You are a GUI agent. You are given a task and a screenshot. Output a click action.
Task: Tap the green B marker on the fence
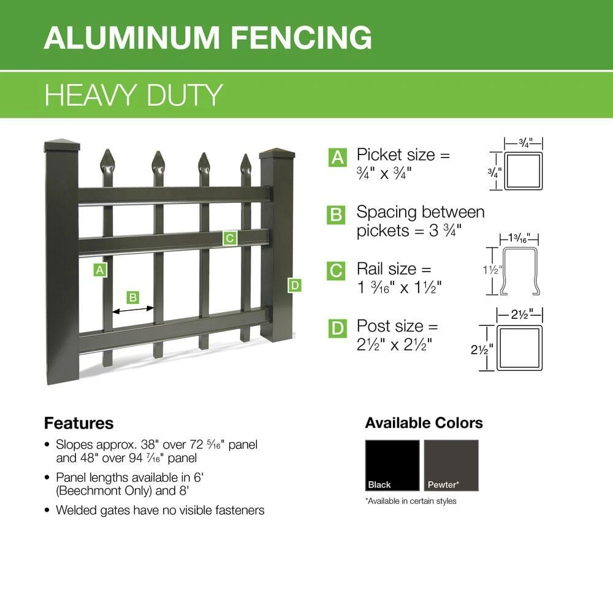tap(132, 297)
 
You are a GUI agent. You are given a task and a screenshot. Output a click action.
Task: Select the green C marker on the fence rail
tap(230, 238)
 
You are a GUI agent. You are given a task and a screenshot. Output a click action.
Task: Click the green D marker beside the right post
tap(294, 284)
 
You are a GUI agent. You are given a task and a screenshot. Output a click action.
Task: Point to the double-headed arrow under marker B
tap(133, 311)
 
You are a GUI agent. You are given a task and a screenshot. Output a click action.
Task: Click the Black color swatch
tap(392, 465)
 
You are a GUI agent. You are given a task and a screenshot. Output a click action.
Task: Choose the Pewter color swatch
tap(451, 465)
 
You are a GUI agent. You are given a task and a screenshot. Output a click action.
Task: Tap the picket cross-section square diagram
tap(524, 172)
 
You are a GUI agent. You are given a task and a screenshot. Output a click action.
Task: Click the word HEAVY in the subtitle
tap(91, 96)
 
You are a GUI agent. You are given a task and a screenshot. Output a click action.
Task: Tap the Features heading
tap(78, 424)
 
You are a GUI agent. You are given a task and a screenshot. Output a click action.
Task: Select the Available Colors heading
tap(424, 423)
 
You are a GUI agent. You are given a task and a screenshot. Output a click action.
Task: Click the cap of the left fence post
tap(63, 147)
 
